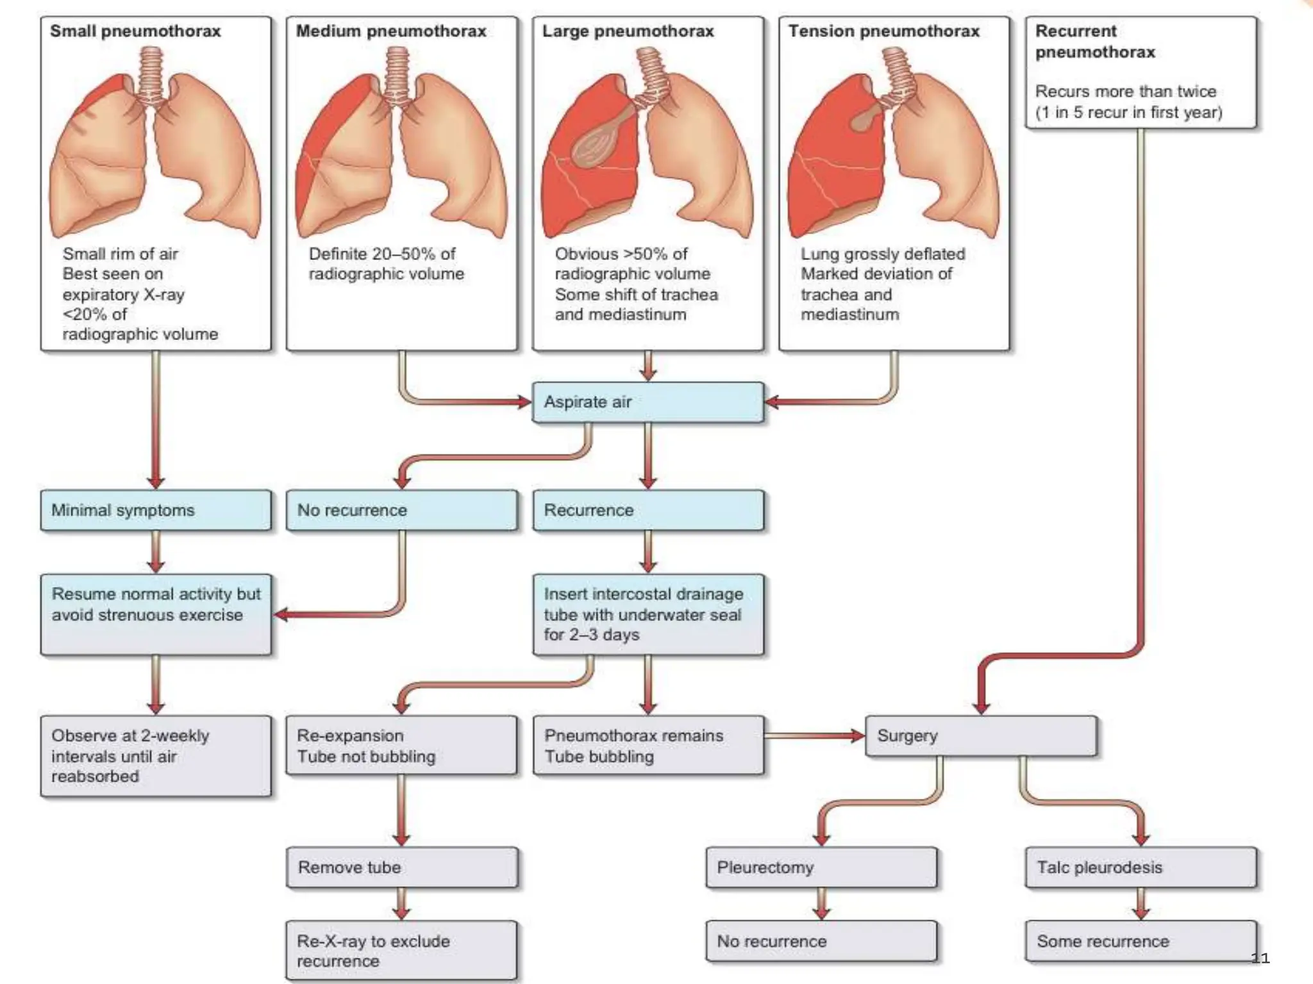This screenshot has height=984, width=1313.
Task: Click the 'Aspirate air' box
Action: pyautogui.click(x=648, y=402)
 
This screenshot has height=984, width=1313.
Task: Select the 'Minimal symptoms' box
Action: pyautogui.click(x=155, y=511)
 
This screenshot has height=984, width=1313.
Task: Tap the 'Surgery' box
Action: pyautogui.click(x=980, y=736)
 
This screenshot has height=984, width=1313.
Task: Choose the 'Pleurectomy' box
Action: pyautogui.click(x=821, y=867)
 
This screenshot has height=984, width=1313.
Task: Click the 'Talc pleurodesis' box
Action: pyautogui.click(x=1140, y=867)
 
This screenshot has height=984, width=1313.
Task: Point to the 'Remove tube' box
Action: pyautogui.click(x=401, y=867)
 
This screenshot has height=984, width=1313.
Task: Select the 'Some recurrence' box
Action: pyautogui.click(x=1140, y=941)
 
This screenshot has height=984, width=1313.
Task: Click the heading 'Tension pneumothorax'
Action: pyautogui.click(x=883, y=31)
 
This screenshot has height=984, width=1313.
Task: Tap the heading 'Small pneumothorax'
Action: pyautogui.click(x=135, y=31)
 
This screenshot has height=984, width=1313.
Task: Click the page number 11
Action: pyautogui.click(x=1260, y=958)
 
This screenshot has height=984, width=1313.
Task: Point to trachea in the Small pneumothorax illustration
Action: pyautogui.click(x=151, y=74)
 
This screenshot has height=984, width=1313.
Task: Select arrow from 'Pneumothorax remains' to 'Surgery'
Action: pyautogui.click(x=814, y=736)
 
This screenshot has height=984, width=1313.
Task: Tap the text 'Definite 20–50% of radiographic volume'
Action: pyautogui.click(x=386, y=263)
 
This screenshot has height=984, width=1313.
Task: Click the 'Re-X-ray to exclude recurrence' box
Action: pyautogui.click(x=401, y=951)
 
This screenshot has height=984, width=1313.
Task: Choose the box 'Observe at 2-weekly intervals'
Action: pyautogui.click(x=155, y=756)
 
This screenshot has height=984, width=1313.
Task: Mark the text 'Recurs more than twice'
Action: pyautogui.click(x=1125, y=92)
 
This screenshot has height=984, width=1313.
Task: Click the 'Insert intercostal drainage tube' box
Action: pyautogui.click(x=648, y=614)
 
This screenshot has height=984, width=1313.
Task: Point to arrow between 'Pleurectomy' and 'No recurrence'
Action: pyautogui.click(x=821, y=903)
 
